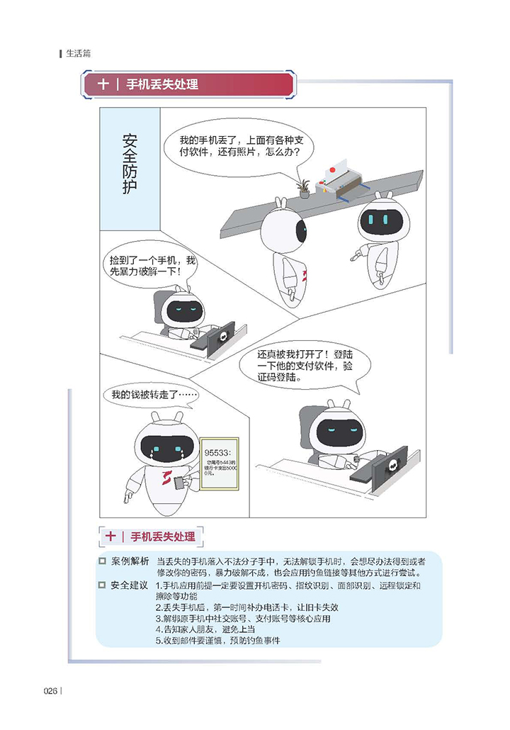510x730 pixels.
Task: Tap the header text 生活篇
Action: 78,53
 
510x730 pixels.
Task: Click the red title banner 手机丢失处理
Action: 188,84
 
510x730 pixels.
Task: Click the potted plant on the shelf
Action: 303,187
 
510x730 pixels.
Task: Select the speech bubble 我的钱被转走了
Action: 150,395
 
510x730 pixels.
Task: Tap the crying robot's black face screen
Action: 166,447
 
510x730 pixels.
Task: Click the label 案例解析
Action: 130,561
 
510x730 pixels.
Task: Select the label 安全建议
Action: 130,585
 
